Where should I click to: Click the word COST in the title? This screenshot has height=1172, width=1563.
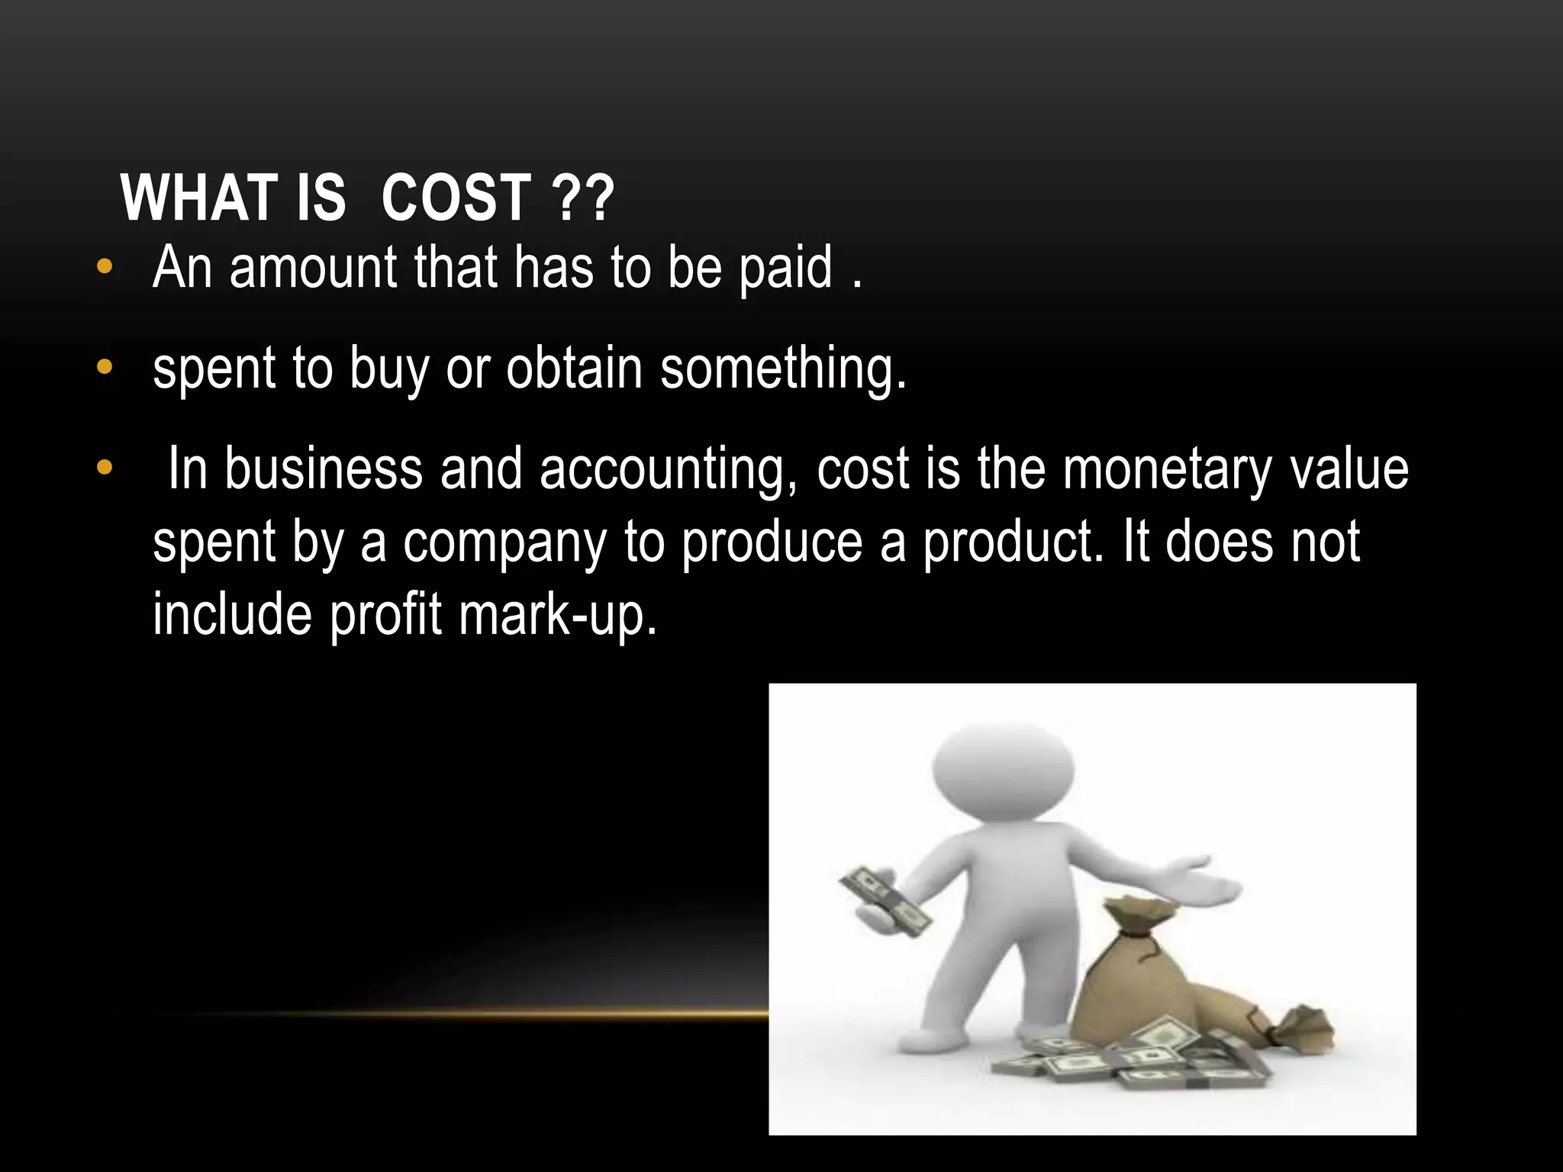point(456,198)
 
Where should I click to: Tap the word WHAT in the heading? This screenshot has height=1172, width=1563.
point(198,198)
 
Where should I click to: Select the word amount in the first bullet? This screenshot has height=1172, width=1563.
point(313,269)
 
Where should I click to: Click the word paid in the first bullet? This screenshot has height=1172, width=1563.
point(785,270)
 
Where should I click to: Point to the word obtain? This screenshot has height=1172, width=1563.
point(574,369)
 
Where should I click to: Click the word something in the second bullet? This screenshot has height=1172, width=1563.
point(782,370)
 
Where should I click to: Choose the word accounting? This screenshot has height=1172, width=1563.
point(669,469)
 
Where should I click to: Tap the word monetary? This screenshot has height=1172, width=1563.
point(1167,469)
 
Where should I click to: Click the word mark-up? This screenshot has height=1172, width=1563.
point(557,615)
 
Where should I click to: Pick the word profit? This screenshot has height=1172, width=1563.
point(385,615)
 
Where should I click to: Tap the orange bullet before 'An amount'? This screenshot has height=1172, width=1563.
point(105,267)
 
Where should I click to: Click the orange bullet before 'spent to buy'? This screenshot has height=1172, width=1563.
point(105,367)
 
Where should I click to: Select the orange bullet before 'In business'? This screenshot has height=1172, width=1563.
point(105,467)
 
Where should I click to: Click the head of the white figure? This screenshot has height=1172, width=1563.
point(1003,771)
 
